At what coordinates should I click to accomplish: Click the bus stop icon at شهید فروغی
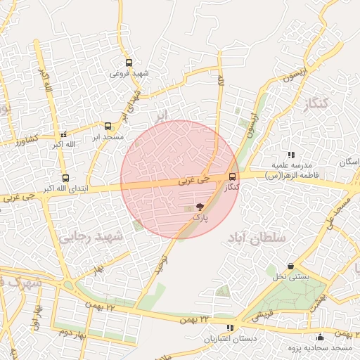pyautogui.click(x=128, y=63)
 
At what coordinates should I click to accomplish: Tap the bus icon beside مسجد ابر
pyautogui.click(x=108, y=127)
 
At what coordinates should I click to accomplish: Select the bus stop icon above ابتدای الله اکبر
pyautogui.click(x=65, y=178)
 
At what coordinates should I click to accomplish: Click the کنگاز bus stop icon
pyautogui.click(x=233, y=177)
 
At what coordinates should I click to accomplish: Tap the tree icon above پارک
pyautogui.click(x=200, y=207)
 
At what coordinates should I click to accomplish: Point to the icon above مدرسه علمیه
pyautogui.click(x=291, y=155)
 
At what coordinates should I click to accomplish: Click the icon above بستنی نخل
pyautogui.click(x=290, y=266)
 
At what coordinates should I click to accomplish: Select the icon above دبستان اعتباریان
pyautogui.click(x=230, y=328)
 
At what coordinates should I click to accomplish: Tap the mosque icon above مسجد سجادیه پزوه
pyautogui.click(x=321, y=337)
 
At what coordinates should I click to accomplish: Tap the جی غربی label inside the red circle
pyautogui.click(x=193, y=181)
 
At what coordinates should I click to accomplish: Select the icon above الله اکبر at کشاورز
pyautogui.click(x=64, y=134)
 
